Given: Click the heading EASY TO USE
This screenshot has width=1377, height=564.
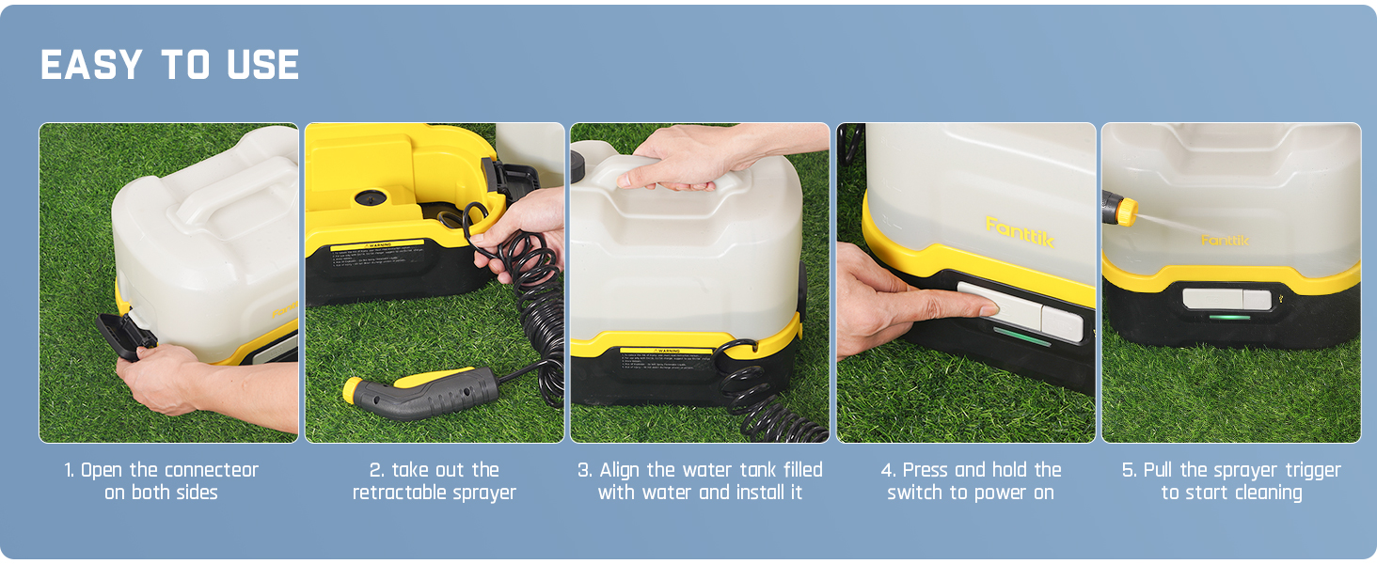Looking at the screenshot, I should (x=169, y=66).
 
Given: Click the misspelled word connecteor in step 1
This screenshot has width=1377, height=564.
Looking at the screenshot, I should (x=209, y=470).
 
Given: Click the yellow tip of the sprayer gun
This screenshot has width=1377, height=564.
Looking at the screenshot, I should (x=353, y=388).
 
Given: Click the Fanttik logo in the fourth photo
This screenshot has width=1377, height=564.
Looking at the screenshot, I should (x=1020, y=231).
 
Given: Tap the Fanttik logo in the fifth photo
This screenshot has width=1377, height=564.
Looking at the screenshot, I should (x=1225, y=241).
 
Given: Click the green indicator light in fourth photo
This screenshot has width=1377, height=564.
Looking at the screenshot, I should (x=1021, y=337).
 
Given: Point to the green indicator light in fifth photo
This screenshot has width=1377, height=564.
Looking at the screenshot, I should (x=1229, y=318).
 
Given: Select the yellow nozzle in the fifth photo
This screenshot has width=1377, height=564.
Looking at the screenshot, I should (x=1123, y=210).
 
